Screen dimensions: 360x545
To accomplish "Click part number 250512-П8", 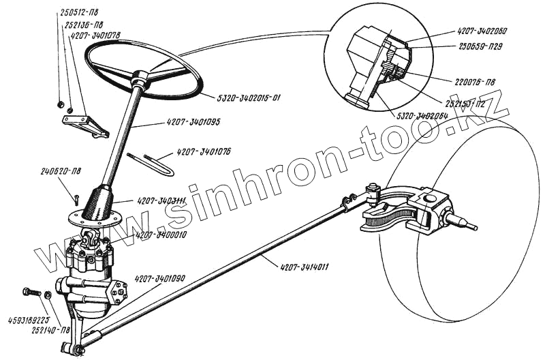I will point(82,12).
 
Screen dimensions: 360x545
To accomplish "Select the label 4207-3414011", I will point(304,267).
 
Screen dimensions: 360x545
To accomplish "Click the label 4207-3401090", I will point(161,278).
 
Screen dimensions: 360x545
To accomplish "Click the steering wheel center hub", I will point(142,77).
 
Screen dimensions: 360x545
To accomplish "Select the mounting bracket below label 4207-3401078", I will point(85,125).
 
